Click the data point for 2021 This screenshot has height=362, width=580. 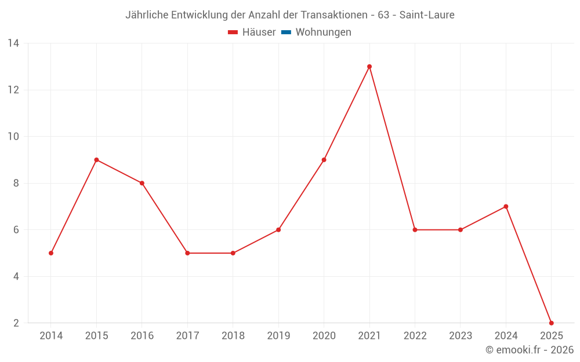(x=369, y=67)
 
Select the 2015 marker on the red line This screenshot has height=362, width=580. (x=96, y=160)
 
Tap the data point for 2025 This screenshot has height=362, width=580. (x=551, y=323)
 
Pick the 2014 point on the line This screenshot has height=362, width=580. (x=51, y=253)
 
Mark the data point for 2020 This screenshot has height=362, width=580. (x=324, y=160)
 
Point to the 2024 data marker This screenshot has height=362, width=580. (x=506, y=206)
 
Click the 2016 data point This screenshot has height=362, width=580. (x=142, y=183)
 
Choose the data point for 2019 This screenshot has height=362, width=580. (x=278, y=230)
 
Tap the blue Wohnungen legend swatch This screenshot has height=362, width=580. (x=286, y=32)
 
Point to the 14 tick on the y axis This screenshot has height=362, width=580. (x=13, y=43)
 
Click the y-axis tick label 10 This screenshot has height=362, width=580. (x=13, y=137)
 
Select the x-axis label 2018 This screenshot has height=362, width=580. (x=233, y=336)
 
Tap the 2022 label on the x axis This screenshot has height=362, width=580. (x=415, y=336)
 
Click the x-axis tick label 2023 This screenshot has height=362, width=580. (x=461, y=336)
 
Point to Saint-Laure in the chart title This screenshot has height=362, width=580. (x=427, y=14)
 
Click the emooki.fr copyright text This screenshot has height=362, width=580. (x=530, y=350)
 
